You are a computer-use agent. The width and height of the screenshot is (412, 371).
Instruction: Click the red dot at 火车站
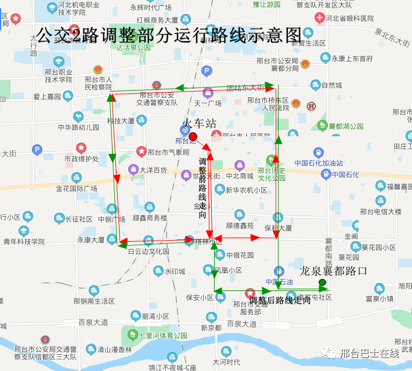[193, 135]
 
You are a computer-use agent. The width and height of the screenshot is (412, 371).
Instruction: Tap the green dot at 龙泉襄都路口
[322, 282]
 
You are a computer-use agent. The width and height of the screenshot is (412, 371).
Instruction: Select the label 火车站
[199, 123]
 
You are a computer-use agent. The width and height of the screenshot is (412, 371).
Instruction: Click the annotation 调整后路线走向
[280, 300]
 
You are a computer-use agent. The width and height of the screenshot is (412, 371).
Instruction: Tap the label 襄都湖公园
[346, 126]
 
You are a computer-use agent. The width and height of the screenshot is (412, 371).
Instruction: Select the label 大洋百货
[153, 170]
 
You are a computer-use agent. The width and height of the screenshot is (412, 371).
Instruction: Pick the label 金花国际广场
[76, 188]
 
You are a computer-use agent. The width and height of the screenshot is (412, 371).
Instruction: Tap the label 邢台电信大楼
[381, 212]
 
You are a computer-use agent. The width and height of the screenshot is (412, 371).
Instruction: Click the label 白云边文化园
[149, 252]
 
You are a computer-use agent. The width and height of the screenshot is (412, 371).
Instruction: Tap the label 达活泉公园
[133, 48]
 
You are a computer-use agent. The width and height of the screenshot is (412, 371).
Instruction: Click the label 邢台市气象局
[168, 152]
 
